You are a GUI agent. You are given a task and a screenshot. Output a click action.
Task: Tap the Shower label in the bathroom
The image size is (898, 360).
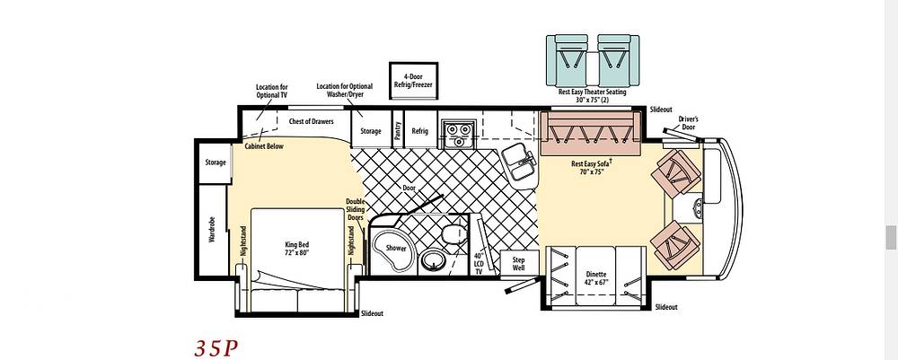(396, 249)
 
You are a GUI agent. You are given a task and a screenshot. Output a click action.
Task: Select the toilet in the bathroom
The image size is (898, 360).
(454, 234)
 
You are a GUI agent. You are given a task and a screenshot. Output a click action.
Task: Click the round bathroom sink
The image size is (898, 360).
(434, 260)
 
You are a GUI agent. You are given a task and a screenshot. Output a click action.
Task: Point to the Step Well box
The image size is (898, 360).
(519, 264)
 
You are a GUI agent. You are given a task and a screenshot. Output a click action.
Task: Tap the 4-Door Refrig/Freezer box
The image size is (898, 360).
(413, 81)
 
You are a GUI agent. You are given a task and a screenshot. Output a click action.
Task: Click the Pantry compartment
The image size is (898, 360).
(398, 130)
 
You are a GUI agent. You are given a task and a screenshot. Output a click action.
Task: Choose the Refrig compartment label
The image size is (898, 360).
(419, 131)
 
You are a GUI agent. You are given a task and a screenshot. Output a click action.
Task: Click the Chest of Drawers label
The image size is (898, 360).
(311, 121)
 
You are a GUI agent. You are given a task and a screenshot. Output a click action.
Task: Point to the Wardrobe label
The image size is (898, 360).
(211, 230)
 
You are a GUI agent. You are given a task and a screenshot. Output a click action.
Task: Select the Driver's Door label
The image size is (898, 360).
(689, 123)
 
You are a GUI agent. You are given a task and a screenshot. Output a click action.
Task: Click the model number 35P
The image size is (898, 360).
(216, 348)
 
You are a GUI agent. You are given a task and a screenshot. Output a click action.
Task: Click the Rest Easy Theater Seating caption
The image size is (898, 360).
(592, 95)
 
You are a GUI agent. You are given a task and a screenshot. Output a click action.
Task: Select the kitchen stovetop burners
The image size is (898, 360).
(457, 135)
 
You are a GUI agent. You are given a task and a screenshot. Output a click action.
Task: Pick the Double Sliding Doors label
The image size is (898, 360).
(355, 210)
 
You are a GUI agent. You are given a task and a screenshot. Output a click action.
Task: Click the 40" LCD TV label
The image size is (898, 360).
(480, 264)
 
